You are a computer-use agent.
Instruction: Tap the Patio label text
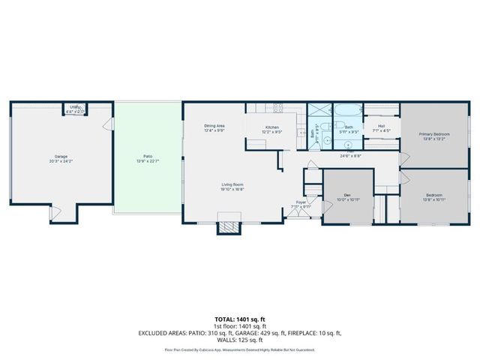tap(139, 157)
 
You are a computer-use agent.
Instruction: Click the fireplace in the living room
tap(229, 226)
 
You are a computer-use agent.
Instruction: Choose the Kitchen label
tap(272, 126)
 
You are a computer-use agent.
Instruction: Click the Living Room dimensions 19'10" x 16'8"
tap(231, 188)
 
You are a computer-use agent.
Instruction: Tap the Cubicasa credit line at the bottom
tap(239, 349)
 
